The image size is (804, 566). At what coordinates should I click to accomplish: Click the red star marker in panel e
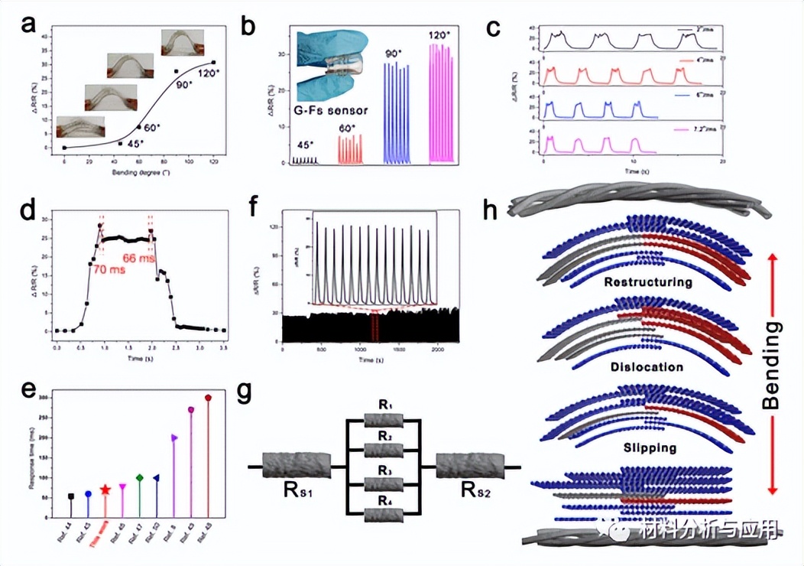(x=105, y=490)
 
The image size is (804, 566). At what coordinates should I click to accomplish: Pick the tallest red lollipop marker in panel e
(x=208, y=398)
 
